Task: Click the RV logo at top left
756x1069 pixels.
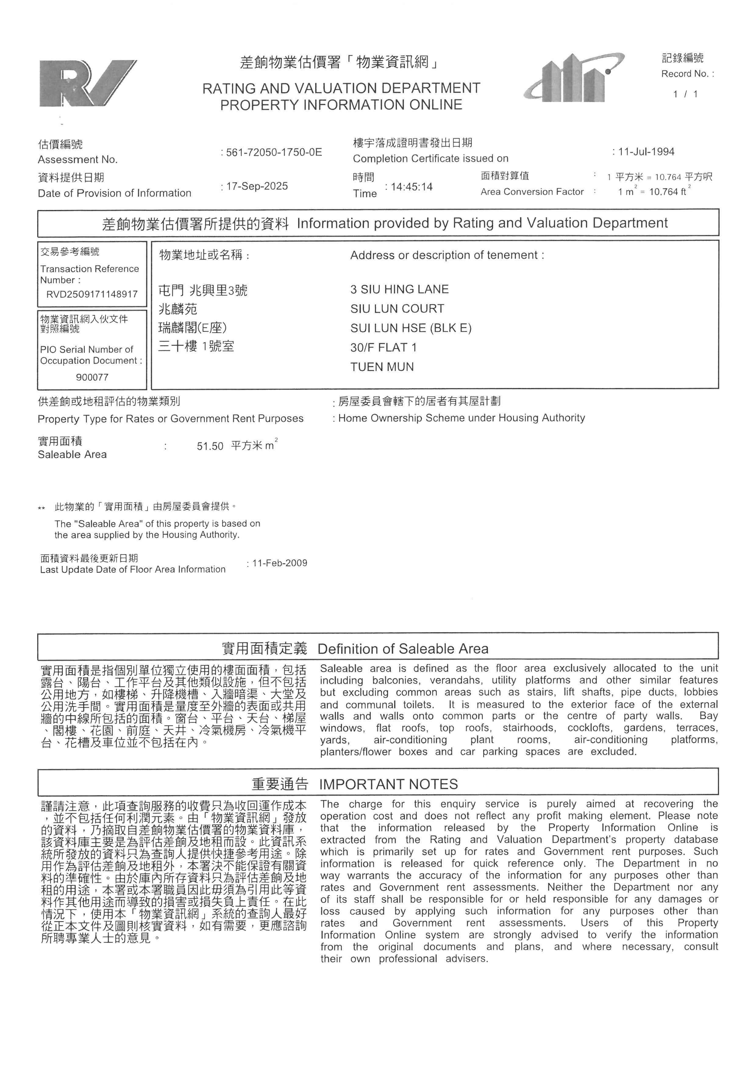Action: click(x=87, y=83)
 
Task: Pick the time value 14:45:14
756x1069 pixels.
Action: click(x=412, y=187)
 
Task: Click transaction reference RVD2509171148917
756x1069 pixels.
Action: click(x=92, y=294)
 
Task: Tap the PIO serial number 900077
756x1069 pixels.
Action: click(x=92, y=377)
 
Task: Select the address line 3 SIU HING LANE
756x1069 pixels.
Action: click(x=399, y=289)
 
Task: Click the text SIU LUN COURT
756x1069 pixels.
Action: click(x=397, y=309)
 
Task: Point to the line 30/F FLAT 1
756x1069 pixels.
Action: click(x=383, y=347)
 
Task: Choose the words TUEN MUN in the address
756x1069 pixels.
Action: click(x=382, y=367)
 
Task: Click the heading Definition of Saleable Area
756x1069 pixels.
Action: click(x=403, y=649)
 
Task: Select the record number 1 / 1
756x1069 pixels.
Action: click(x=685, y=94)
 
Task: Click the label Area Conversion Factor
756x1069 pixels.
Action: click(x=532, y=192)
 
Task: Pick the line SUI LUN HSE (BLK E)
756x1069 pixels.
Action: click(x=411, y=328)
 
